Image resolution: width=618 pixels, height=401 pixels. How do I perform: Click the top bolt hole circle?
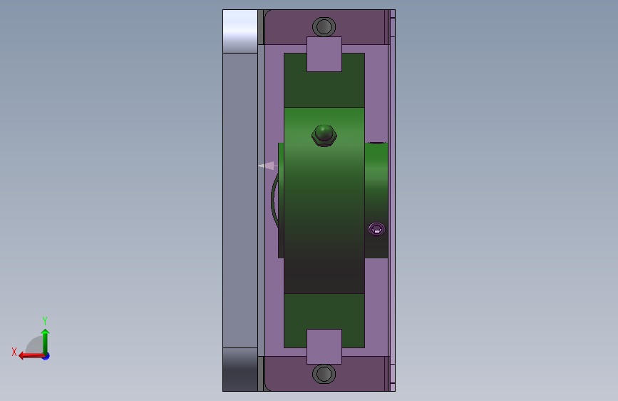click(324, 27)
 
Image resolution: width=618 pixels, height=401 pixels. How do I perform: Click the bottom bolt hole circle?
click(324, 374)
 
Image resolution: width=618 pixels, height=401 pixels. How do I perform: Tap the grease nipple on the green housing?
click(324, 134)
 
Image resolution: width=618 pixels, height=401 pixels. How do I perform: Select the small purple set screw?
click(376, 229)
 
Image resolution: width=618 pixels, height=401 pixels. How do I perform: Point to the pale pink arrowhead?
click(266, 166)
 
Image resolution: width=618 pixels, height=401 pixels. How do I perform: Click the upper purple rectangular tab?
click(324, 54)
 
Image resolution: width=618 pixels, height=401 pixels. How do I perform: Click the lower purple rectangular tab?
click(324, 347)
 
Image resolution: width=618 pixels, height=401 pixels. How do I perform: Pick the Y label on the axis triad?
click(45, 320)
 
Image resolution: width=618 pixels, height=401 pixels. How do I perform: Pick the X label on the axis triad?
click(14, 352)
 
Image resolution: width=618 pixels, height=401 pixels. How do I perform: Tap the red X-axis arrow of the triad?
click(29, 355)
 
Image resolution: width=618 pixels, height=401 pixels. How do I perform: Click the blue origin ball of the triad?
click(45, 355)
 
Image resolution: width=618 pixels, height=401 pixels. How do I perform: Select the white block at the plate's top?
click(240, 31)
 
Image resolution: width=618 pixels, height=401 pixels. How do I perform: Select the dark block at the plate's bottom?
click(240, 369)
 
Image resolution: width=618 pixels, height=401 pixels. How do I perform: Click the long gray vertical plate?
click(240, 200)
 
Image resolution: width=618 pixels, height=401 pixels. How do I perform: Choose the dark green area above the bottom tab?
click(324, 311)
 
